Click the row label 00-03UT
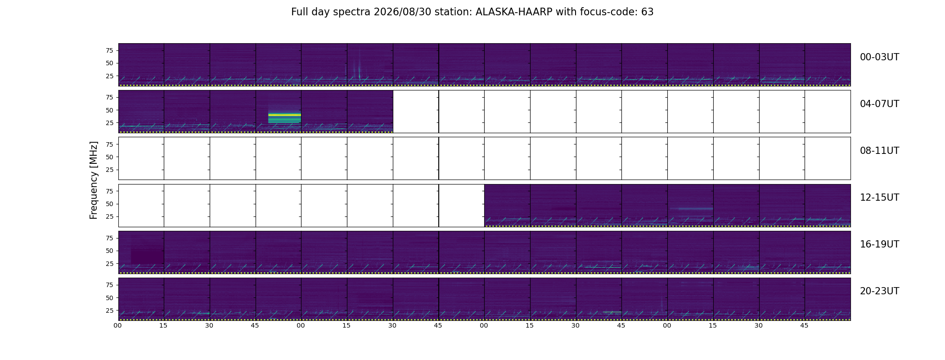[879, 57]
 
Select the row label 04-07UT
[879, 104]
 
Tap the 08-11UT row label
[879, 151]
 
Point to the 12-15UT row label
[879, 198]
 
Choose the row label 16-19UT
[879, 244]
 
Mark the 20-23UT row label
[879, 291]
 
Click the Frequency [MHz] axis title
[94, 180]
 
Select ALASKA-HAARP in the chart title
[514, 12]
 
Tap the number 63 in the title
[647, 12]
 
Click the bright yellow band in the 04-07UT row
[284, 115]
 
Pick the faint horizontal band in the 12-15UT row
[691, 208]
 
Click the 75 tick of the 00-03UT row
[109, 50]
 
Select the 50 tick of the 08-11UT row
[109, 157]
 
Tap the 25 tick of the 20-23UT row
[109, 310]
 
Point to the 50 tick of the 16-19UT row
[109, 251]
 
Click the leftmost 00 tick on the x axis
[118, 325]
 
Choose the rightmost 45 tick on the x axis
[804, 325]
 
